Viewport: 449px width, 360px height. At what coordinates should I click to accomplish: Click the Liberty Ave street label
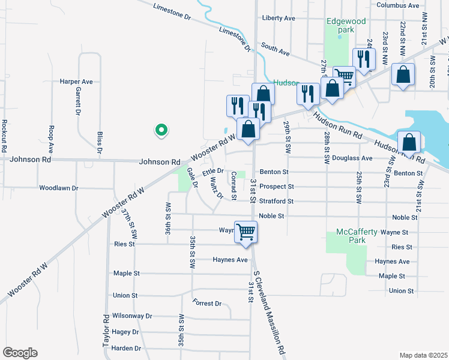pos(279,18)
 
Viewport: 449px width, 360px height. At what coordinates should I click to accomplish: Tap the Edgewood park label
pos(346,25)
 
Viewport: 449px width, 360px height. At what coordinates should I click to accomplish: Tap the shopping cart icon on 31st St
pos(246,231)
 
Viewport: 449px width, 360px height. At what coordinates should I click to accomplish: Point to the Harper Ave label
pos(76,81)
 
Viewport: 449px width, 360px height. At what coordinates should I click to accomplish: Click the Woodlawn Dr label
pos(59,188)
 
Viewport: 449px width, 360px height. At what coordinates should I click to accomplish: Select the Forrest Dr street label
pos(208,304)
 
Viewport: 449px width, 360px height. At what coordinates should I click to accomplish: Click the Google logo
pos(20,353)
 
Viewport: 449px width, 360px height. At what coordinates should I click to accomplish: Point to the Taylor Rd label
pos(106,330)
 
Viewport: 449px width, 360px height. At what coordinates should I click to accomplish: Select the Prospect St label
pos(276,187)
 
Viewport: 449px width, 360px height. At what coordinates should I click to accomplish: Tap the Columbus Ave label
pos(397,5)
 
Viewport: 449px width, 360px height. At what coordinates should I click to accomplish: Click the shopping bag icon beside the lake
pos(409,142)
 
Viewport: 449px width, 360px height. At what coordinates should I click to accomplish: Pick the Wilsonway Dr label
pos(133,316)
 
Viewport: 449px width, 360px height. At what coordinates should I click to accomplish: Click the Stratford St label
pos(276,202)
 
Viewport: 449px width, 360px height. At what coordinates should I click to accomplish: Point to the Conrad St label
pos(234,186)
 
